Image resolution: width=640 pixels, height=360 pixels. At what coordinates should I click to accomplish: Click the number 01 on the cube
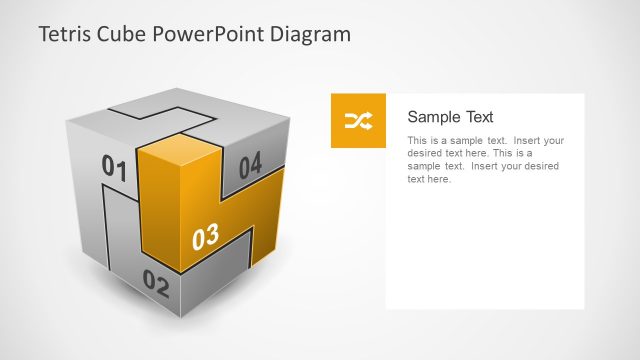click(x=115, y=169)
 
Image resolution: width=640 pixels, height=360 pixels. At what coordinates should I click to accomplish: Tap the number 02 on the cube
click(x=156, y=283)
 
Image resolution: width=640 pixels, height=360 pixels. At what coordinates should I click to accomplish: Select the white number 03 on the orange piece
click(x=205, y=238)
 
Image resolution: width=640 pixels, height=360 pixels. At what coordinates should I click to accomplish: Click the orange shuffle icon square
click(x=358, y=121)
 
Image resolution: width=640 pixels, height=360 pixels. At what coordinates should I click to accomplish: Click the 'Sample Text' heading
click(x=450, y=117)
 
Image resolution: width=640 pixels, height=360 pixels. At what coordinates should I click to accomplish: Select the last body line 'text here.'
click(x=429, y=180)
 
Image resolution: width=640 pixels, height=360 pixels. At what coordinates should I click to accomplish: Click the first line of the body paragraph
click(x=485, y=141)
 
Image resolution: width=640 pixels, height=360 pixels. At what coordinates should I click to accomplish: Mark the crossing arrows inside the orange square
click(x=358, y=121)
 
